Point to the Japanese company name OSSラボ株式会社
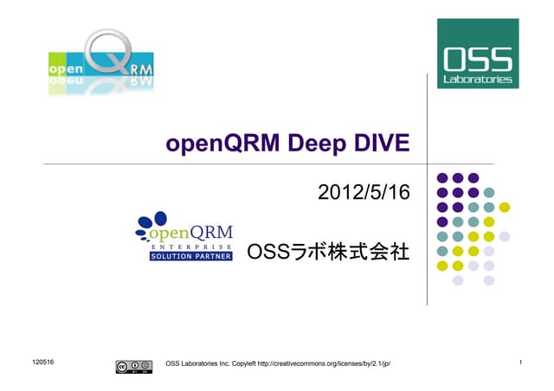pyautogui.click(x=328, y=252)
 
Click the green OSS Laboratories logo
pyautogui.click(x=479, y=53)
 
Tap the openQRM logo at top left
pyautogui.click(x=101, y=62)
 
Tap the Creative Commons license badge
pyautogui.click(x=128, y=366)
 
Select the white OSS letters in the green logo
pyautogui.click(x=479, y=58)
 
